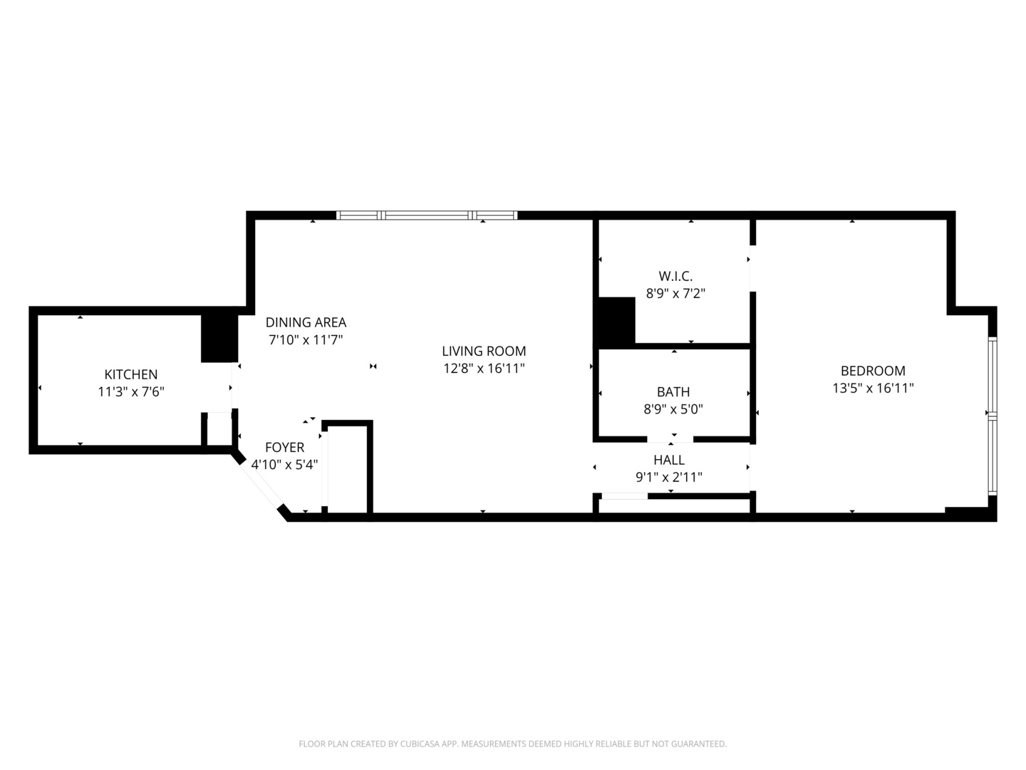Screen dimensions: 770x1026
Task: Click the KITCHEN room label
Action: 131,374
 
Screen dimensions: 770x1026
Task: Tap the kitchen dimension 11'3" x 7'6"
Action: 131,391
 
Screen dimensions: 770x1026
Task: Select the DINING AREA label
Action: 306,322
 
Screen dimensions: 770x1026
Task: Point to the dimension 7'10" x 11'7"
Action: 306,340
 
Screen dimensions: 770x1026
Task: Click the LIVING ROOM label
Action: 484,351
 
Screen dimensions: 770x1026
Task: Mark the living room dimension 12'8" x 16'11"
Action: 484,369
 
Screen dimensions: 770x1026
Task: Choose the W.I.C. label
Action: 675,276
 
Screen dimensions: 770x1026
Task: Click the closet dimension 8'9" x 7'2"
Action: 675,293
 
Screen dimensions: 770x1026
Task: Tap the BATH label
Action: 673,391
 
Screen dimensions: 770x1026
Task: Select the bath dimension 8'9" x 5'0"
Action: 673,409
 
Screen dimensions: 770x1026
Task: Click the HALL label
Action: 669,460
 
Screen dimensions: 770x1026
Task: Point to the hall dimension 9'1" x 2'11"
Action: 669,478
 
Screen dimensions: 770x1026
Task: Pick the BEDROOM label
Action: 873,371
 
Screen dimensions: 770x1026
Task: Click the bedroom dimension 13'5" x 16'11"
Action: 873,389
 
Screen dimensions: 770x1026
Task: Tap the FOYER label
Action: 284,447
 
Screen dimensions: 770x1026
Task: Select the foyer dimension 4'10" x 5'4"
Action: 284,464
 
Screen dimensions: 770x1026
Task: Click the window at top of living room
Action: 427,215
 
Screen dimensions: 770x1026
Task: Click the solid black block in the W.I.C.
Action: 616,320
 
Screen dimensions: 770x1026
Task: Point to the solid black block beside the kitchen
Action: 219,338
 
